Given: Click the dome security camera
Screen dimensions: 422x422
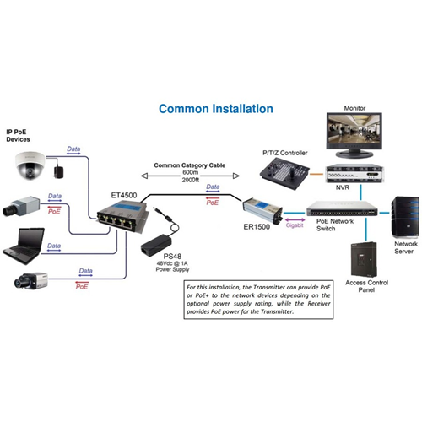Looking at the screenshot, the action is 30,165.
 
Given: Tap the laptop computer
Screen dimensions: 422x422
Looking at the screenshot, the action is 24,246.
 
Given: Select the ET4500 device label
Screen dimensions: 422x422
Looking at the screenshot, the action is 124,195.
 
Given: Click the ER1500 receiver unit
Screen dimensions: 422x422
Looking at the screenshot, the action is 262,210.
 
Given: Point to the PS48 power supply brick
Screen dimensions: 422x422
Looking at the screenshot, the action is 156,246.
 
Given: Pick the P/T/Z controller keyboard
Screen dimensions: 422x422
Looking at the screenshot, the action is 284,174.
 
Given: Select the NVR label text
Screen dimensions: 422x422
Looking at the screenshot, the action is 343,187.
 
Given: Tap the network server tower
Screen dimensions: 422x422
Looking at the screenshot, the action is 405,217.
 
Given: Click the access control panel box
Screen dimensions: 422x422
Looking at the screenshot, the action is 364,259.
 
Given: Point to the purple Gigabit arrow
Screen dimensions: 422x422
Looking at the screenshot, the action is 295,219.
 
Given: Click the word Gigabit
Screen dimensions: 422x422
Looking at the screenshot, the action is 295,225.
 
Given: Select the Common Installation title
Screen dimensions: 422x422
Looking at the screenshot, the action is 216,109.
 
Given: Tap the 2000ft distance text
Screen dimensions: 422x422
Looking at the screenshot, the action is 191,180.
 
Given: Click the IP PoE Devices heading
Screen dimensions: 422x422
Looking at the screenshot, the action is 18,136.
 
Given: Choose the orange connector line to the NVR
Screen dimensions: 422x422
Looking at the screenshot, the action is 316,174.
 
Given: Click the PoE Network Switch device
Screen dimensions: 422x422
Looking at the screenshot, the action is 342,208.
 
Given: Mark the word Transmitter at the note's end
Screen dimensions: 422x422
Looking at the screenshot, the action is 277,311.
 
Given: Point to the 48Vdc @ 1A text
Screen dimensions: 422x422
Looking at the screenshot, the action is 172,263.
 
